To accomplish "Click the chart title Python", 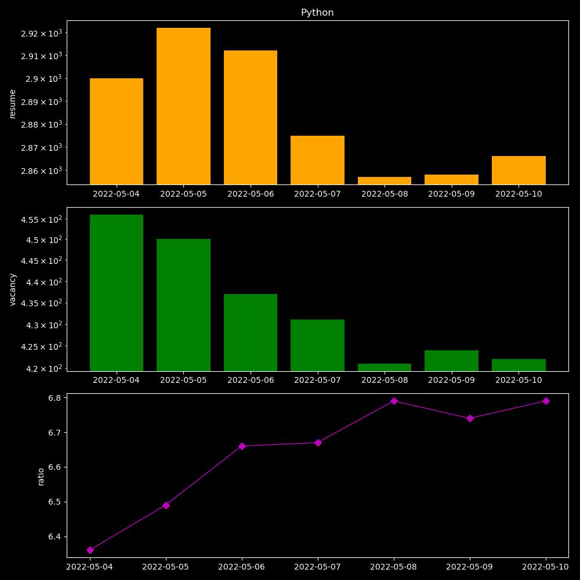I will (x=317, y=13).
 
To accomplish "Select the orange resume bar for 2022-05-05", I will (x=183, y=106).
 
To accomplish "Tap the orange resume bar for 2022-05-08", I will (x=385, y=180).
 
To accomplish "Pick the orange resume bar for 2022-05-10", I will (x=519, y=170).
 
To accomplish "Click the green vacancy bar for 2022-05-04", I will (x=117, y=293).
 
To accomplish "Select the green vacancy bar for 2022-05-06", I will (x=251, y=332).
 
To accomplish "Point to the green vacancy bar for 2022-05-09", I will (x=451, y=361).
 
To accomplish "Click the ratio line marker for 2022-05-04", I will (x=90, y=550).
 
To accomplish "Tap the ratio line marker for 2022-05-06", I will (x=242, y=446).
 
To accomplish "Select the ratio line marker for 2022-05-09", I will (x=470, y=418).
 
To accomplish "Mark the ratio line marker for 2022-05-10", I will (x=546, y=401).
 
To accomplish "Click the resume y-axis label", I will (x=13, y=103).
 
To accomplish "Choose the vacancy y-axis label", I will (x=13, y=289).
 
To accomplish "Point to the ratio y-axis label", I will (x=41, y=476).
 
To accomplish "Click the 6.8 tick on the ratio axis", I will (x=55, y=398).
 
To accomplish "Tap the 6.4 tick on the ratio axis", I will (x=55, y=536).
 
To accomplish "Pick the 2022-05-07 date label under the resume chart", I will (x=317, y=194).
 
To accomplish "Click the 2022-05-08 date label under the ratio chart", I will (x=394, y=567).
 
